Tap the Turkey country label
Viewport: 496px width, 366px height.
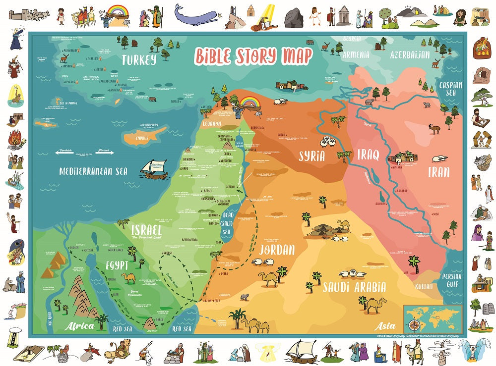[140, 60]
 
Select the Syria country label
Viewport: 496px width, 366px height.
[312, 156]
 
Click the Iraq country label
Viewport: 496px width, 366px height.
[368, 155]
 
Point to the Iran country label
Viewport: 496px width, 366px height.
[439, 172]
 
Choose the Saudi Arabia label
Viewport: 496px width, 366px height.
[354, 287]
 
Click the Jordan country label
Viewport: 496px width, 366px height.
[277, 249]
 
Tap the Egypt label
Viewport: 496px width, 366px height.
[117, 265]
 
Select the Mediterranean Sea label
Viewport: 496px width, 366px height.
[93, 172]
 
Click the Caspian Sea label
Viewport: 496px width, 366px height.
[450, 89]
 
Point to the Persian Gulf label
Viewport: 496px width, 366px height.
[452, 281]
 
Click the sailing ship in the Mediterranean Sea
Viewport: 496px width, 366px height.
[154, 169]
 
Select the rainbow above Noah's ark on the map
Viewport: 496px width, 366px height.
[249, 103]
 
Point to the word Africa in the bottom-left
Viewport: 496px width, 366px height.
[79, 326]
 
